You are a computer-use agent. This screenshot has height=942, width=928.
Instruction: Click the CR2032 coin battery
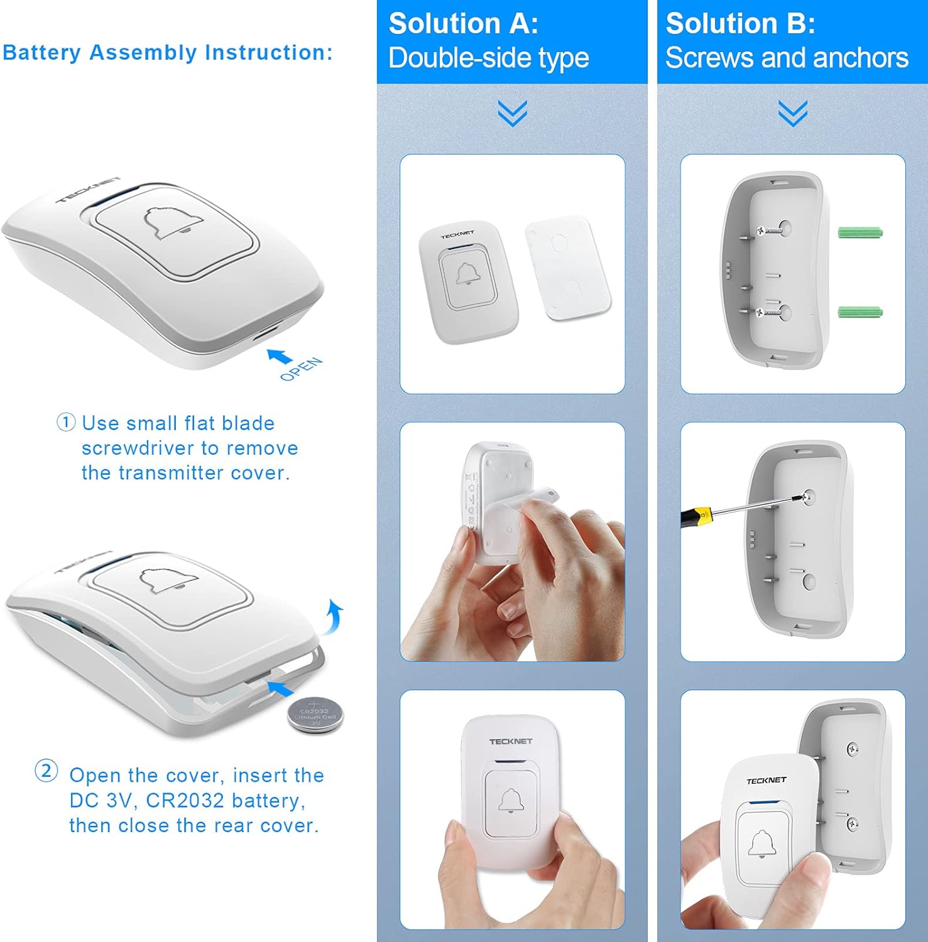click(315, 715)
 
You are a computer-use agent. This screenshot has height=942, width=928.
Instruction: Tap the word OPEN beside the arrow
click(301, 369)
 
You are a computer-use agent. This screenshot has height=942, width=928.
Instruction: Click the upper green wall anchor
click(860, 232)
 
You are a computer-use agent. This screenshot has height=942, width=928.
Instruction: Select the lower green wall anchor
click(860, 311)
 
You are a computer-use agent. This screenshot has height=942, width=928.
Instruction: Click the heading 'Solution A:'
click(463, 24)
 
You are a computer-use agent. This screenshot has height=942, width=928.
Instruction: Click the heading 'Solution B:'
click(740, 24)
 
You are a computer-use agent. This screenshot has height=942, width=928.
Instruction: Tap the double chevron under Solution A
click(512, 113)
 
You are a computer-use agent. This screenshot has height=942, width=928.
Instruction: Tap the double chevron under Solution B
click(792, 113)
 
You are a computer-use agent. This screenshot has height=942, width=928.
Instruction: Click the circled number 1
click(66, 422)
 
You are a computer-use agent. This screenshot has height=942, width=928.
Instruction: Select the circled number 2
click(46, 771)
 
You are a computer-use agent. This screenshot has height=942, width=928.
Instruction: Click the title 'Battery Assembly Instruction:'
click(168, 53)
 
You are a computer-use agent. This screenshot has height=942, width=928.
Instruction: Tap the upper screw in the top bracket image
click(770, 231)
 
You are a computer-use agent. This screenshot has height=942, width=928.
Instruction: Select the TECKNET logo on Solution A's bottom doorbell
click(510, 742)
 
